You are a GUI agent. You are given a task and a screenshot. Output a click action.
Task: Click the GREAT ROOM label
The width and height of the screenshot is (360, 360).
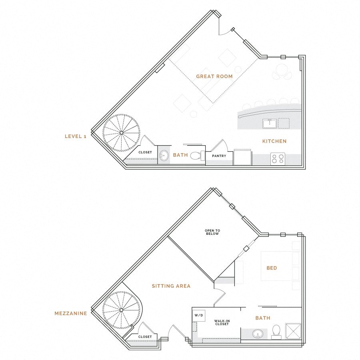click(x=214, y=76)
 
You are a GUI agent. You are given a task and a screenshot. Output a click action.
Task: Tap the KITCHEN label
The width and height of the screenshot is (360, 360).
click(x=274, y=141)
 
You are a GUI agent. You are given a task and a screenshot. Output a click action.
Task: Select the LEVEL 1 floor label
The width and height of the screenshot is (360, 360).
click(x=76, y=136)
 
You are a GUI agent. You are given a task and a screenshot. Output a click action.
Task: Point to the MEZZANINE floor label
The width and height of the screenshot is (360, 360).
click(x=71, y=314)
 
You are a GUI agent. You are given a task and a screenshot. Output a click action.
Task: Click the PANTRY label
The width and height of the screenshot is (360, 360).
click(x=219, y=156)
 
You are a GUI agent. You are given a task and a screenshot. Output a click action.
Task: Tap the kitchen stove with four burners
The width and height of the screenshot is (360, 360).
click(x=278, y=159)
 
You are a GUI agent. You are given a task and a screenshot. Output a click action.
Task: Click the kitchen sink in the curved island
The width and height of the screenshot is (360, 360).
click(x=269, y=123)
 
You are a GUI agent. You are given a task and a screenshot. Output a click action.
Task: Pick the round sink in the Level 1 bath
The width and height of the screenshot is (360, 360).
click(x=164, y=156)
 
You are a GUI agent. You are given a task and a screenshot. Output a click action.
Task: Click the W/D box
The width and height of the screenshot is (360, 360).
click(x=199, y=316)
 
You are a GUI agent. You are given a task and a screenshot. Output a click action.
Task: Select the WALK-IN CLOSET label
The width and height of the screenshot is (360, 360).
click(x=221, y=322)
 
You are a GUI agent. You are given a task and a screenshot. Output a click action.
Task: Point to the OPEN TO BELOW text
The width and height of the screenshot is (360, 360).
click(x=212, y=232)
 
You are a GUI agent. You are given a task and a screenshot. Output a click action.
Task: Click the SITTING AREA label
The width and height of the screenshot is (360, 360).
click(x=171, y=286)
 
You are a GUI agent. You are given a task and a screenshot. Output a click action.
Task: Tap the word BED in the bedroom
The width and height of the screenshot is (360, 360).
click(x=272, y=268)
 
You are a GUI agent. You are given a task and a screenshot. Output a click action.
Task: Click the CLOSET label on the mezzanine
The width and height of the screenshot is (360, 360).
click(x=145, y=337)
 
